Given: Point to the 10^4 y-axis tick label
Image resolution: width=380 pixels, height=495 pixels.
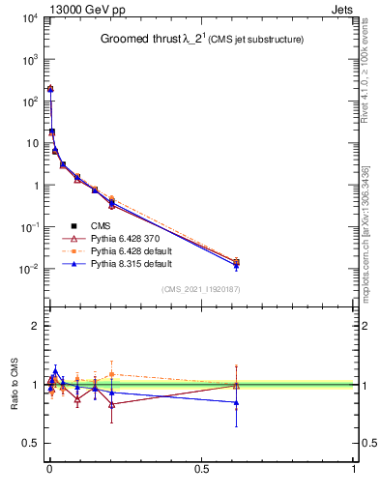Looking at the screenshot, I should click(x=26, y=18).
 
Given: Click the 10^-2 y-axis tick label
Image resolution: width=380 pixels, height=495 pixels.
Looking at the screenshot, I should click(x=26, y=269).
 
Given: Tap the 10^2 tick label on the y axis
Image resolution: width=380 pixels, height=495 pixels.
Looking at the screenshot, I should click(x=26, y=102).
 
